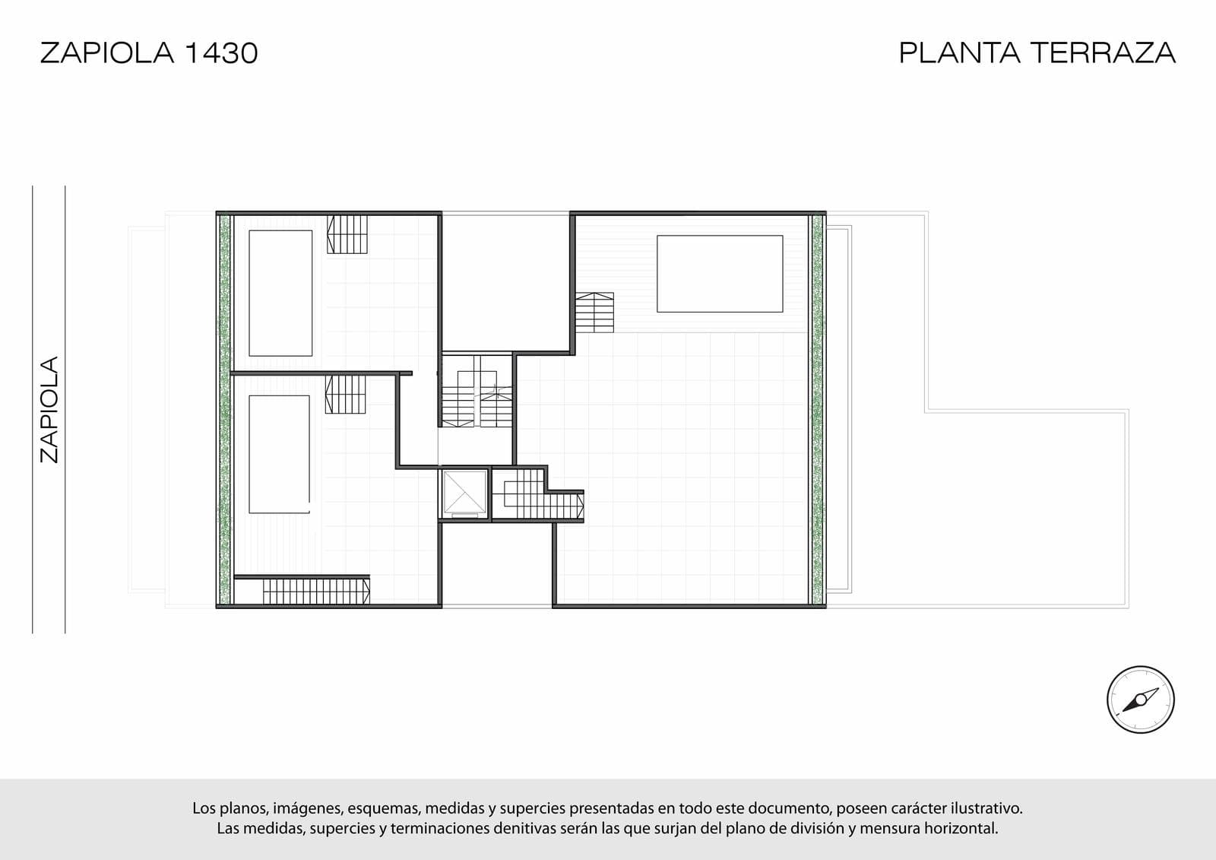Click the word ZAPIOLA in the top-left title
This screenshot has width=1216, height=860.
[x=107, y=53]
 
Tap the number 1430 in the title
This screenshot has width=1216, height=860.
[x=221, y=53]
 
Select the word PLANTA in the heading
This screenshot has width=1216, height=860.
[x=959, y=52]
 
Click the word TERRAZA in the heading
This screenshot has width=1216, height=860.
[x=1103, y=52]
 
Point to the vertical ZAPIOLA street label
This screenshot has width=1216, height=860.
[x=49, y=410]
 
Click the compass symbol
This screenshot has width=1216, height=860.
[x=1141, y=700]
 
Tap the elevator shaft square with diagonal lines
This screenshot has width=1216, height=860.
[x=464, y=493]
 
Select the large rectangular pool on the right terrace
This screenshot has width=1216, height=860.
[x=720, y=274]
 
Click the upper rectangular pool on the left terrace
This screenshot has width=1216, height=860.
[x=280, y=294]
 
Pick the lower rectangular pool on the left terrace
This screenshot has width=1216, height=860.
[x=280, y=454]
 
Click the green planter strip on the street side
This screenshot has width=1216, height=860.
[x=224, y=410]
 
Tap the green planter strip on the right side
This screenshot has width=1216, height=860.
[x=818, y=410]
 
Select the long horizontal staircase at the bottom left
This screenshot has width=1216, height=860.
[x=316, y=592]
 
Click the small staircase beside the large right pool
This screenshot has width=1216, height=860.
[x=594, y=313]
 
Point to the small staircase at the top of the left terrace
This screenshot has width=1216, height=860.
[x=347, y=234]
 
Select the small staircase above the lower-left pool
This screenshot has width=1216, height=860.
[x=345, y=395]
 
